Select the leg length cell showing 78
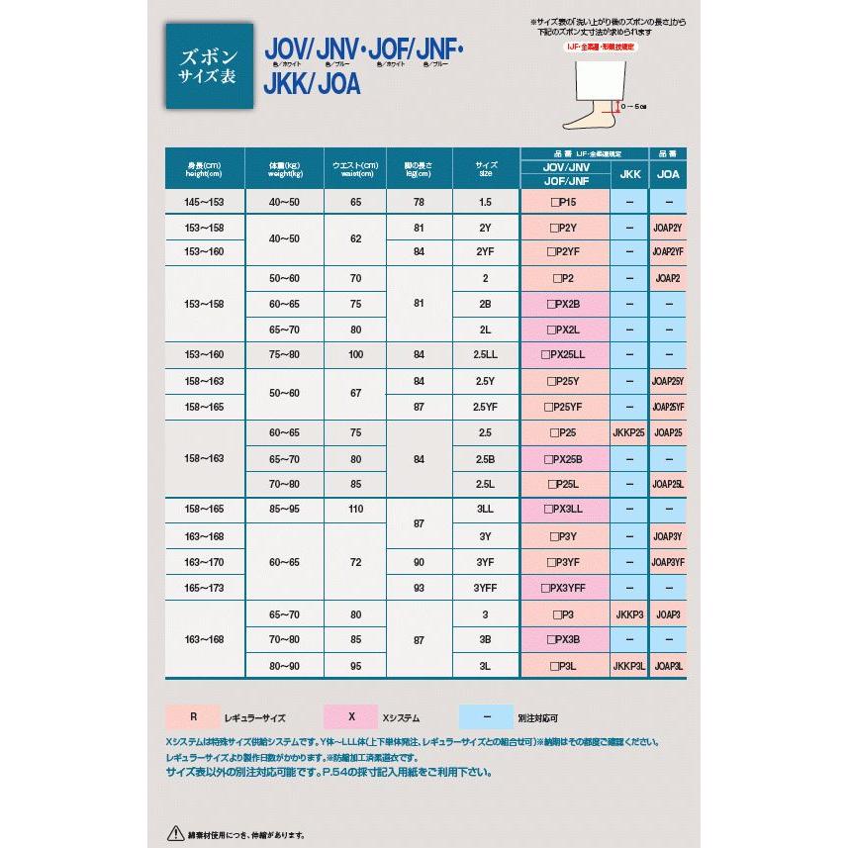click(x=420, y=202)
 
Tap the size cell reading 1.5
click(x=485, y=202)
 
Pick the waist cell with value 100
click(x=355, y=355)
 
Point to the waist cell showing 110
click(x=355, y=510)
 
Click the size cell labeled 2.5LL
click(x=485, y=355)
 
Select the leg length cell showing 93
click(x=420, y=587)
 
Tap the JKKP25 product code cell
click(x=628, y=432)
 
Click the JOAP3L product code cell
click(x=668, y=667)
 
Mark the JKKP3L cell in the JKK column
click(x=628, y=667)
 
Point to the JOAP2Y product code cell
click(x=668, y=228)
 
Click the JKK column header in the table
click(x=628, y=174)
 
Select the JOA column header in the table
click(x=668, y=174)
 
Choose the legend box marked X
click(x=350, y=714)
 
